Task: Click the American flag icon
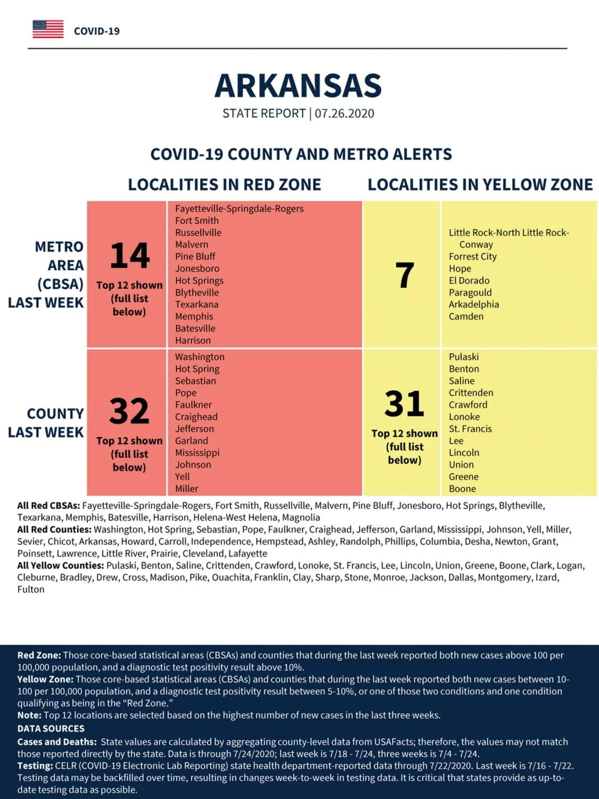click(x=48, y=29)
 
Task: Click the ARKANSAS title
click(x=298, y=86)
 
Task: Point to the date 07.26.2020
click(x=344, y=113)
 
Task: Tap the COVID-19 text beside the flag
click(x=97, y=31)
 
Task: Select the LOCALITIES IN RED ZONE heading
click(x=224, y=184)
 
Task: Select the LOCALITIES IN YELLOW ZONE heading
click(x=480, y=184)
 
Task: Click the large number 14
click(x=129, y=255)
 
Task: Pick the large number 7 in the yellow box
click(x=405, y=275)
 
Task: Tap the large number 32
click(x=129, y=411)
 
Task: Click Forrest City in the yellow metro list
click(x=472, y=257)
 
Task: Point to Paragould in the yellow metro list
click(x=470, y=292)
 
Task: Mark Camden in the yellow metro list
click(x=466, y=316)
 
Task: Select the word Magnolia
click(x=301, y=518)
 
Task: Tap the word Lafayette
click(x=248, y=553)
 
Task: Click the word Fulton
click(x=31, y=589)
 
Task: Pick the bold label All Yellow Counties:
click(x=61, y=565)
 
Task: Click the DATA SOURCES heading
click(x=51, y=728)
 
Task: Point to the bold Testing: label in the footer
click(x=35, y=766)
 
